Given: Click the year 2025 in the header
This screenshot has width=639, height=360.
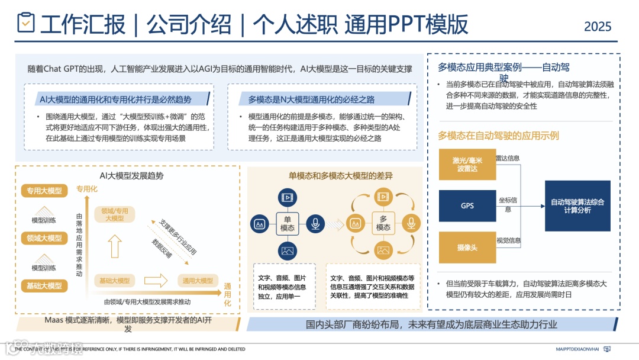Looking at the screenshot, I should tap(598, 27).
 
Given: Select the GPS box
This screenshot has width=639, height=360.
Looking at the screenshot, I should tap(467, 206).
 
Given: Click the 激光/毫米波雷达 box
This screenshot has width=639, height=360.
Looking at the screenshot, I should tap(467, 165).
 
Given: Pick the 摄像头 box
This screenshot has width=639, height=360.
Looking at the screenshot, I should tap(467, 247).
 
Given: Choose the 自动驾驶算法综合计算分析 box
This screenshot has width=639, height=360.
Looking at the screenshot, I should tap(577, 206).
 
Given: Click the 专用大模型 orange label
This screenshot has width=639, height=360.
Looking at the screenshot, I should tap(44, 191).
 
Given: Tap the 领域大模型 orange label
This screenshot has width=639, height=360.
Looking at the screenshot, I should tap(44, 238).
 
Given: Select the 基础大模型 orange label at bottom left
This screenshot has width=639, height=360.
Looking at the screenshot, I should tap(44, 286).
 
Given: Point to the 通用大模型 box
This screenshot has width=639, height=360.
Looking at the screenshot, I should tap(198, 281).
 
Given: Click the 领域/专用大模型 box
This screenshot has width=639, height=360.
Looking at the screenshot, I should tap(114, 214).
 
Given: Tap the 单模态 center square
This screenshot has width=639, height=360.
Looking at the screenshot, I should tap(288, 224).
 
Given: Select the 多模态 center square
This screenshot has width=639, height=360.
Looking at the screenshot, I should tap(383, 224).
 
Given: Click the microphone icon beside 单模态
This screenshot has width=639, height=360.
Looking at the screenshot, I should tap(316, 224).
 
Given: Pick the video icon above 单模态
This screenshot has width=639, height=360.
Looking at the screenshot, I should tap(288, 197).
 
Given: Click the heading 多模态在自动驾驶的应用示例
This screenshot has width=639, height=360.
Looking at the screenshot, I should tap(498, 136).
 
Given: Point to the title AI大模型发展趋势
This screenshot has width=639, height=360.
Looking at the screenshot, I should tap(131, 176).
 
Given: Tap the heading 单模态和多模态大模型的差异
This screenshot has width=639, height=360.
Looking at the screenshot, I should tap(340, 176).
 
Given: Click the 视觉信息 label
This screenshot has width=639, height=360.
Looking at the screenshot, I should tap(508, 240).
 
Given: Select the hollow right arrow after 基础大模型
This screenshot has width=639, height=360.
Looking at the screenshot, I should tap(157, 280).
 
